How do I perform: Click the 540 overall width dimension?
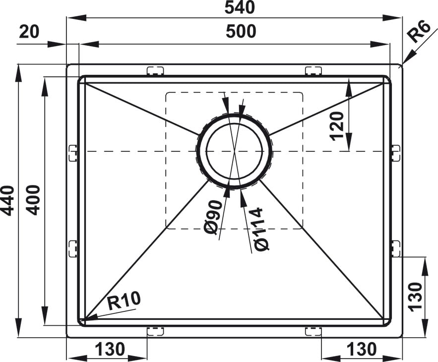(x=240, y=7)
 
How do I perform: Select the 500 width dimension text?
(x=241, y=31)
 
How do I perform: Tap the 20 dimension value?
(x=29, y=32)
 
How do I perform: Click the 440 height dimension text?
(x=7, y=200)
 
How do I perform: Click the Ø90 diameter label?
(x=213, y=217)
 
